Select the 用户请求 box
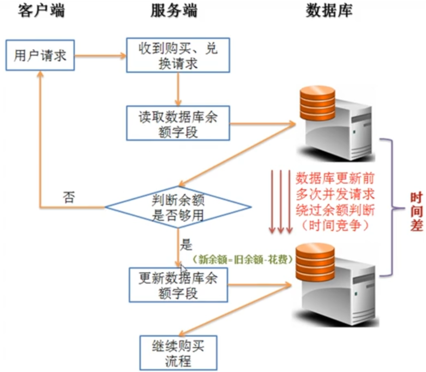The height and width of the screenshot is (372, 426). coord(40,55)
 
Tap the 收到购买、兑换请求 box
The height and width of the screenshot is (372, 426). coord(178,55)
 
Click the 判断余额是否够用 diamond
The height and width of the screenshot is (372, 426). coord(178,207)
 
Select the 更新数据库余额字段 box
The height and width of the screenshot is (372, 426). coord(178,285)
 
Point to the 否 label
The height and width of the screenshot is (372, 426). coord(69,196)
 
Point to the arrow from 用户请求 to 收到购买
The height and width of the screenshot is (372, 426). coord(100,55)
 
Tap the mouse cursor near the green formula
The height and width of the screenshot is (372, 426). coord(184,270)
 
